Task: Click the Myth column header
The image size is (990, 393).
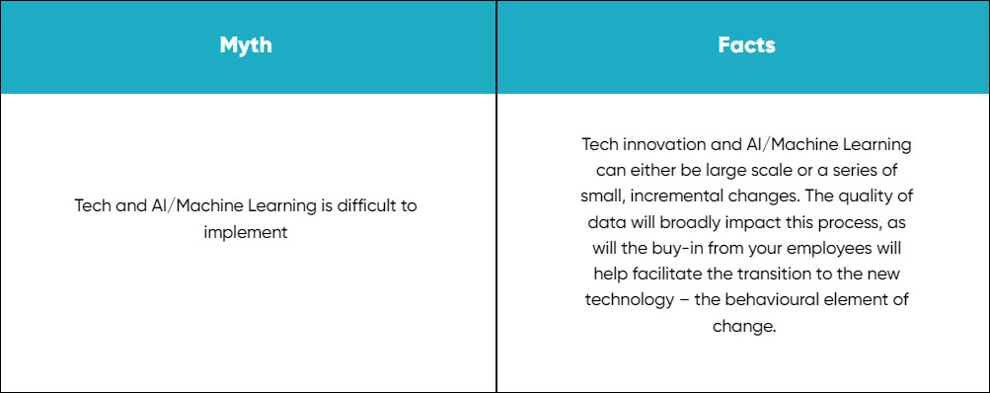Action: point(246,45)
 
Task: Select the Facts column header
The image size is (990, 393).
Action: point(746,45)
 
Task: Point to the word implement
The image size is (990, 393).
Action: point(246,232)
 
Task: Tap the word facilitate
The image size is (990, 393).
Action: point(661,275)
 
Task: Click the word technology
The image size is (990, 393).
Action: point(630,300)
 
